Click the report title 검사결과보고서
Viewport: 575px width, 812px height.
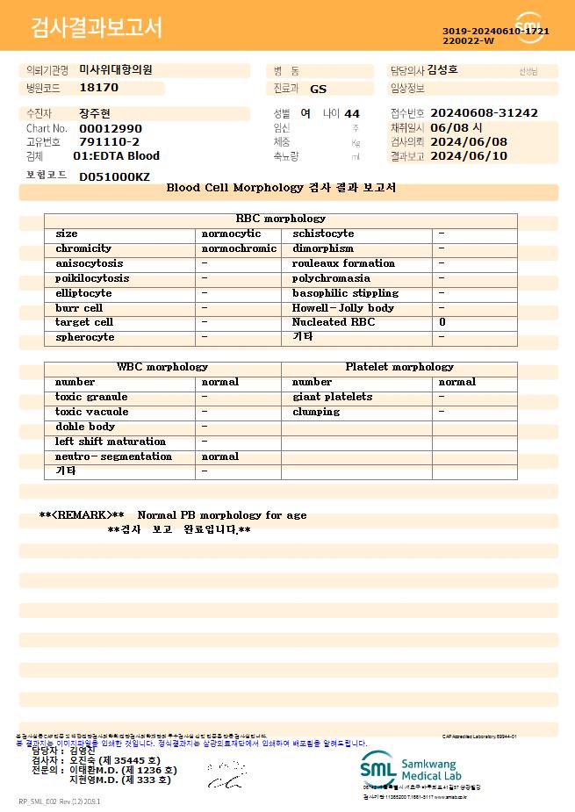[x=97, y=28]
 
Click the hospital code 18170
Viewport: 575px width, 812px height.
[x=98, y=88]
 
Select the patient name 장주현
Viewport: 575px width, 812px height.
[x=95, y=113]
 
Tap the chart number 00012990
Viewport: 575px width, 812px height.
[x=110, y=128]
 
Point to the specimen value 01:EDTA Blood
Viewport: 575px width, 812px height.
[x=116, y=156]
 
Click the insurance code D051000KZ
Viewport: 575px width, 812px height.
[x=114, y=176]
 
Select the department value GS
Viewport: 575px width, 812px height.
[x=318, y=89]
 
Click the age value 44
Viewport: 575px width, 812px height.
[x=352, y=113]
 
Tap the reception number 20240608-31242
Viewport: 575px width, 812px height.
[x=484, y=113]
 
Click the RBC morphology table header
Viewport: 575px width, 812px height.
[x=280, y=219]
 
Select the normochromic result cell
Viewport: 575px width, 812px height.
[x=239, y=248]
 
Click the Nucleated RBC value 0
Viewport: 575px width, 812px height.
[x=442, y=322]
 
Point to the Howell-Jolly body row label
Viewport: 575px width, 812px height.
[x=343, y=308]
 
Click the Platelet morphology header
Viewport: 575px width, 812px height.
[x=399, y=367]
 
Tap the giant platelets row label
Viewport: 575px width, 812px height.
[x=332, y=397]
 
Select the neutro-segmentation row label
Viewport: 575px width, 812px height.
[x=113, y=456]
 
